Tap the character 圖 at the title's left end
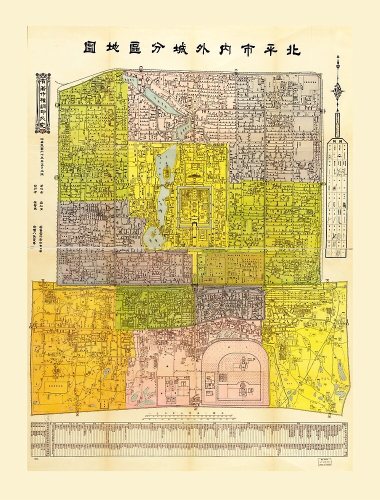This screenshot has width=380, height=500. [91, 49]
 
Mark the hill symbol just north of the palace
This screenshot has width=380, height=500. [194, 176]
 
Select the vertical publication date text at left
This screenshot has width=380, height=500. [42, 152]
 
